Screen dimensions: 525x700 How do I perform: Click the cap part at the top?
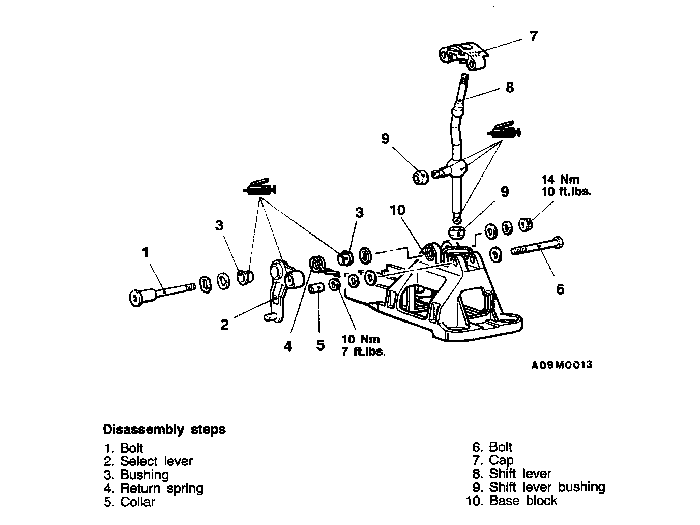click(x=463, y=55)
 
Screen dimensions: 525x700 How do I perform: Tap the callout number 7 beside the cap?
click(x=533, y=37)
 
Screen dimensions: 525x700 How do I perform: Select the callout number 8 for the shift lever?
click(x=509, y=87)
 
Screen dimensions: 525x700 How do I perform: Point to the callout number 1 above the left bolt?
click(x=146, y=252)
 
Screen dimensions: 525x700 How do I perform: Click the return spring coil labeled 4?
click(x=317, y=264)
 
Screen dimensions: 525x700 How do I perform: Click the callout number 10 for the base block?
click(x=397, y=210)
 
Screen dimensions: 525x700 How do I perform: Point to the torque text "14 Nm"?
click(x=560, y=180)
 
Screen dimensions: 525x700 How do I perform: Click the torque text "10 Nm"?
click(x=361, y=339)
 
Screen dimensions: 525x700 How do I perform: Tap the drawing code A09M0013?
click(x=562, y=365)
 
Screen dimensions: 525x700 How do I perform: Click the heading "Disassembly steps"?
click(x=164, y=429)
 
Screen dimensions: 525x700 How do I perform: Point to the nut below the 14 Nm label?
click(x=526, y=223)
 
